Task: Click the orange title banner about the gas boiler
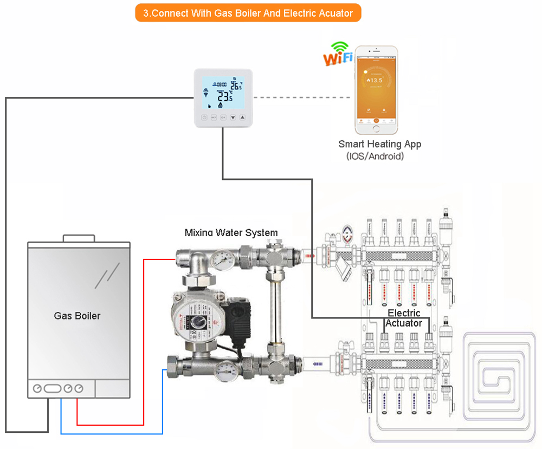(x=248, y=13)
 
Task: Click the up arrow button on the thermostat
(x=242, y=117)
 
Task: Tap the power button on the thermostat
(x=204, y=117)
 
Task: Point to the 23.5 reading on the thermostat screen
(x=225, y=97)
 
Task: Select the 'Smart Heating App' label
(x=379, y=144)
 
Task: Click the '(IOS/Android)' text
(x=375, y=157)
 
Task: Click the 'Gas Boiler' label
(x=77, y=315)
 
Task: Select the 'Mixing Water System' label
(x=231, y=233)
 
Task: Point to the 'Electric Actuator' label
(x=404, y=318)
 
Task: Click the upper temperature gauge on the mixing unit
(x=221, y=259)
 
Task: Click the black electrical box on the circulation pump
(x=239, y=313)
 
